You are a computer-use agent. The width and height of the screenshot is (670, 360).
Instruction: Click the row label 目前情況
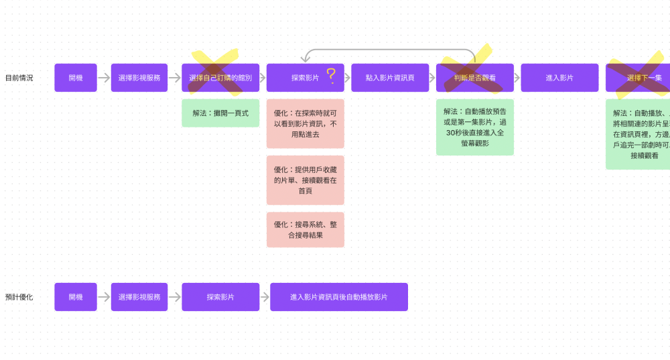(19, 78)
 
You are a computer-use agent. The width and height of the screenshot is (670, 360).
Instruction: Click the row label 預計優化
(19, 297)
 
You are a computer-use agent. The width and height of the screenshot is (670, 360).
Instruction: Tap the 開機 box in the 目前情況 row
(76, 78)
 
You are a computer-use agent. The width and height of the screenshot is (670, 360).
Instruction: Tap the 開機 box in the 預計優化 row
(76, 297)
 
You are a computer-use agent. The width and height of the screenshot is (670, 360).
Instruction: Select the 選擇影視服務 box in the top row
(139, 78)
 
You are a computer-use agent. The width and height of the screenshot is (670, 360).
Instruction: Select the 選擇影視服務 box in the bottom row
(139, 297)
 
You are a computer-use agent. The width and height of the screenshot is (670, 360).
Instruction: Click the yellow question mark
(331, 76)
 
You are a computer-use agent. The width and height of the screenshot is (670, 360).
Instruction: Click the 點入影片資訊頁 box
(390, 78)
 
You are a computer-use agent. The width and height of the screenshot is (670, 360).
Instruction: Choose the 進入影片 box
(559, 78)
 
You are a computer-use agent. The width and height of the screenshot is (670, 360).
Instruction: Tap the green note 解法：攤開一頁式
(220, 113)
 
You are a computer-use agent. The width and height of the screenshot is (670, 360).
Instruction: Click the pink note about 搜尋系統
(305, 229)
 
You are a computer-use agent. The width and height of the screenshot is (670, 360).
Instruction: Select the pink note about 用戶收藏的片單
(305, 180)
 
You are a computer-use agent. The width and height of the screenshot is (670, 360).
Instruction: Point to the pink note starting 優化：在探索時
(305, 124)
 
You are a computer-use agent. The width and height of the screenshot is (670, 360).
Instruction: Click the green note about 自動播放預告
(475, 127)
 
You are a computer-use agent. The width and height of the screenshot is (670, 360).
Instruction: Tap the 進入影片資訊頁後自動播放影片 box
(339, 297)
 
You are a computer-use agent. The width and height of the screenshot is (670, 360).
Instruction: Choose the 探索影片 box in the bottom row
(220, 297)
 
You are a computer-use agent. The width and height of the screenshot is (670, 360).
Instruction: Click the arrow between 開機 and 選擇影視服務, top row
(104, 78)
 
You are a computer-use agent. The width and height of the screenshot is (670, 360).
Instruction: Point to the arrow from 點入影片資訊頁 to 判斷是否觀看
(432, 78)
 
